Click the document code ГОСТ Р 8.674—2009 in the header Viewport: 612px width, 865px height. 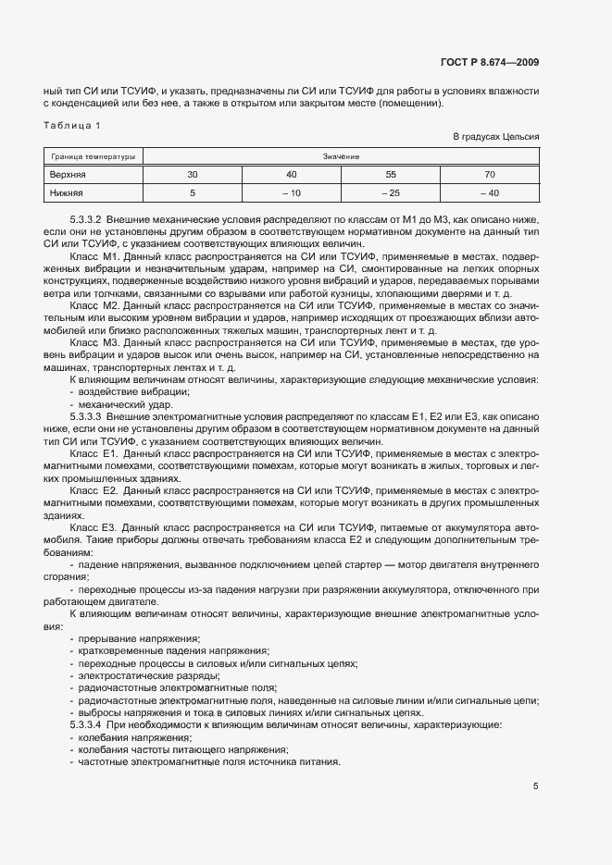coord(491,63)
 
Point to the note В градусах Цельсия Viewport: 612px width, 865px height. coord(495,137)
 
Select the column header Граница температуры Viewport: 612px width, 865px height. coord(93,156)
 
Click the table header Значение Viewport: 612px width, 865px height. coord(342,156)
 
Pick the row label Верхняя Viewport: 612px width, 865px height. coord(68,174)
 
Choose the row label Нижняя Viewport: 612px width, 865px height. coord(66,192)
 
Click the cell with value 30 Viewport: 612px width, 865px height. coord(192,174)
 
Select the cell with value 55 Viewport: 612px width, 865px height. coord(391,174)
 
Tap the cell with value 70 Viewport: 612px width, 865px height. coord(490,174)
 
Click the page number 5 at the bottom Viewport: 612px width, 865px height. coord(536,786)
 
